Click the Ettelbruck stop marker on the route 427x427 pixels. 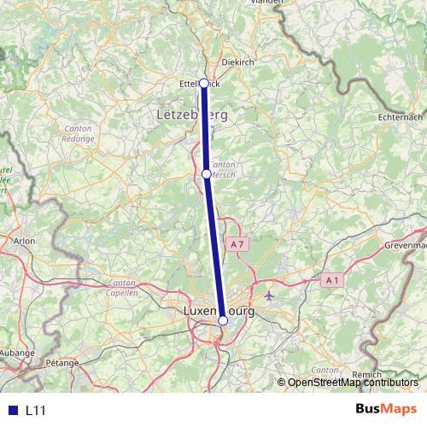point(204,83)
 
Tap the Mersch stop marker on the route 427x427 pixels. point(207,173)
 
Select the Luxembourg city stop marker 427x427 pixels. point(223,320)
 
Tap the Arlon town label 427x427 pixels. point(24,242)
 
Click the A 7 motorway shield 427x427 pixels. point(237,244)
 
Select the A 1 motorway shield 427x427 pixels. point(332,279)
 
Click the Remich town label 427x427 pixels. point(367,375)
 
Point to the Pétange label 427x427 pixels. point(62,362)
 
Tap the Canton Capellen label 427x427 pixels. point(123,288)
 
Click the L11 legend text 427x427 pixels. point(35,411)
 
